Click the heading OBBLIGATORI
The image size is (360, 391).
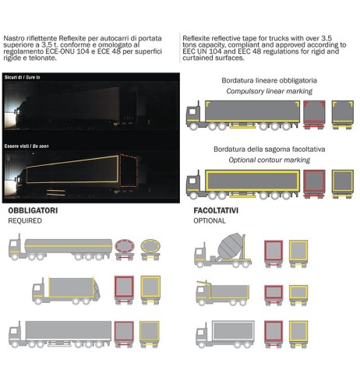[34, 211]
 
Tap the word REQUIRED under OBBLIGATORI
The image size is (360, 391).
[25, 220]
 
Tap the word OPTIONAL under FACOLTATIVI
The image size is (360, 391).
[210, 220]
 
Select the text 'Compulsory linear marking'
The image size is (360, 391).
[269, 91]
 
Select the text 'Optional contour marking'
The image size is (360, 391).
[269, 160]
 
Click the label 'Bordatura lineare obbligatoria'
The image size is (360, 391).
[269, 80]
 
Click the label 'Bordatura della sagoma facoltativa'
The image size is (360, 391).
[269, 149]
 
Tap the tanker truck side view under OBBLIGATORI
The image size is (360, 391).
[58, 248]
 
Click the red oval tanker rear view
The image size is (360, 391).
[124, 248]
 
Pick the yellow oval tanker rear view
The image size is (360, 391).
[150, 248]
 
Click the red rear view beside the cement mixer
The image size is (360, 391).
[274, 250]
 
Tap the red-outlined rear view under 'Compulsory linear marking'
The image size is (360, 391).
[313, 114]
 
